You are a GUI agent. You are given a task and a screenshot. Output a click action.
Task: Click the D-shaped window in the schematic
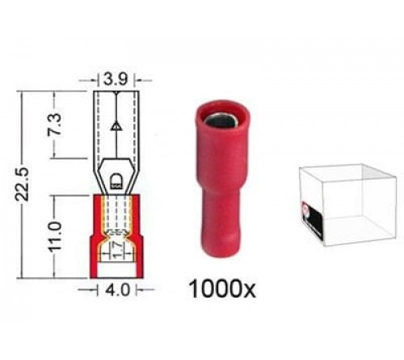pos(115,178)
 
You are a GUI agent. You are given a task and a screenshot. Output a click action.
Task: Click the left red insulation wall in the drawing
pos(98,235)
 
